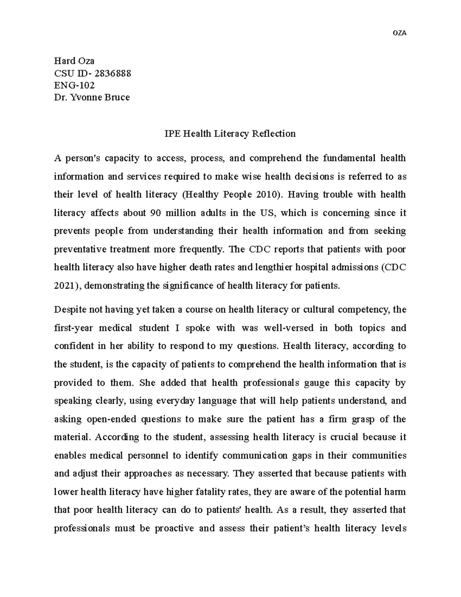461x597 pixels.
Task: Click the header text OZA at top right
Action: (399, 33)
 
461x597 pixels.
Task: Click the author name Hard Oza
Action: (74, 61)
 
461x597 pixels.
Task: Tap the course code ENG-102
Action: (74, 85)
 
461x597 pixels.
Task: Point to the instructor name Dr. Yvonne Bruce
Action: (92, 97)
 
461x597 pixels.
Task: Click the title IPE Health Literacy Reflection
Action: (230, 133)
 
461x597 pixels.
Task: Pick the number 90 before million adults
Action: (155, 213)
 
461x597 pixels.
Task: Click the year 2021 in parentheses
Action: (64, 286)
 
